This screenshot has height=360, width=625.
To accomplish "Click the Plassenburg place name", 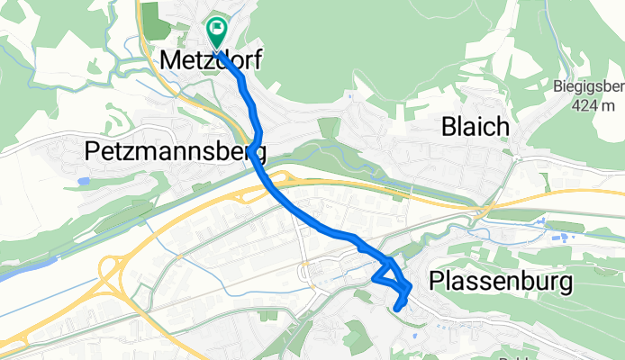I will click(x=502, y=282).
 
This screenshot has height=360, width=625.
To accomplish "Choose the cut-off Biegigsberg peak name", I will click(x=589, y=87).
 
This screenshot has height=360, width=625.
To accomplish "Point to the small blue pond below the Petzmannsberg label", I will click(x=84, y=181).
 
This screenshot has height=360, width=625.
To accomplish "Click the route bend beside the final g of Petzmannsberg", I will click(x=256, y=144).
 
